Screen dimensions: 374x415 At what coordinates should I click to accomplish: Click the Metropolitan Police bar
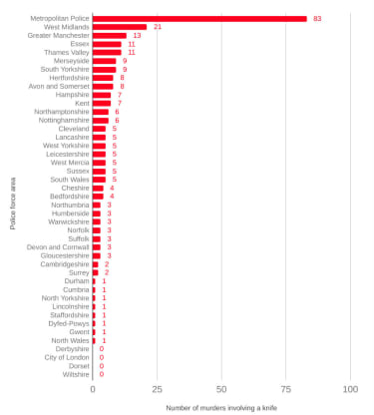(199, 19)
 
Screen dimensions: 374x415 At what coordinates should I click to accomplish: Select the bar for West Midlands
(120, 27)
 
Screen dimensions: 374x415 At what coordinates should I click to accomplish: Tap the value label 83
(317, 19)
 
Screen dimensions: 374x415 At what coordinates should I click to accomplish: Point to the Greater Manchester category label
(59, 35)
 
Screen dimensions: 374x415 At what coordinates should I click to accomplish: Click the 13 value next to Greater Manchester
(137, 36)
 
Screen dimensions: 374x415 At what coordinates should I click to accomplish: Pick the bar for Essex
(107, 44)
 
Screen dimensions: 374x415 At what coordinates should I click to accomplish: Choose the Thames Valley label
(67, 53)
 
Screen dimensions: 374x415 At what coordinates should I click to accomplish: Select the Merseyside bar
(105, 61)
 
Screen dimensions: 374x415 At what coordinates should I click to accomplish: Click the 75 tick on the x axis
(285, 389)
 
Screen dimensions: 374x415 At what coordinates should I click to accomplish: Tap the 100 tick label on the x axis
(350, 389)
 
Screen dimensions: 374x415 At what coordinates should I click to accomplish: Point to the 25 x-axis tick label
(157, 389)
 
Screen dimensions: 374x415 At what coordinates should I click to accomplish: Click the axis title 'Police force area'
(13, 204)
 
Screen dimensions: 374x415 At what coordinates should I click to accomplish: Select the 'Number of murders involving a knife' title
(221, 408)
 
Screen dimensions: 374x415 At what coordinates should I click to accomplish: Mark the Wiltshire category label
(76, 374)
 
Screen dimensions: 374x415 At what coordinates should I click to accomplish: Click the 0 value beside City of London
(102, 357)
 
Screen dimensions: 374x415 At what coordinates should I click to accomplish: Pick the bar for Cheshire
(98, 189)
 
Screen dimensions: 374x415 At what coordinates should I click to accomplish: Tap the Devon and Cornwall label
(58, 247)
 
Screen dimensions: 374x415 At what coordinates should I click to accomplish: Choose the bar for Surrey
(96, 272)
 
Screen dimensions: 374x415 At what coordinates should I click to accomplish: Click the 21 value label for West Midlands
(158, 27)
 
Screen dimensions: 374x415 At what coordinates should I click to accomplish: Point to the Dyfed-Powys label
(69, 323)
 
